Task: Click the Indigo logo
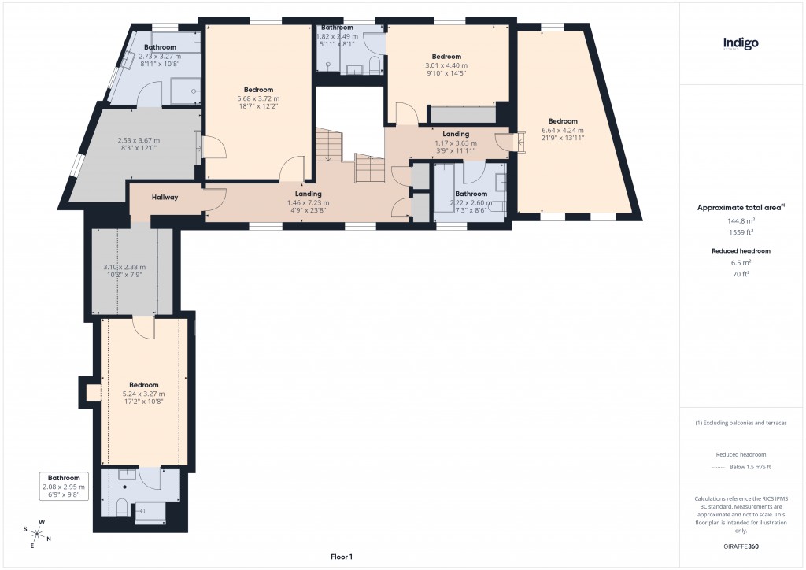(x=741, y=43)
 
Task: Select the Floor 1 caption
(x=342, y=556)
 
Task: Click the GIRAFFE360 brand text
(x=741, y=546)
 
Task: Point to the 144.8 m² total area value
(x=741, y=221)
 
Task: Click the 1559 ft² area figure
(x=741, y=233)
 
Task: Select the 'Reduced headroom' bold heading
(x=741, y=250)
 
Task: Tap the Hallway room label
(x=165, y=197)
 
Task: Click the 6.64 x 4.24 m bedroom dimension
(x=563, y=130)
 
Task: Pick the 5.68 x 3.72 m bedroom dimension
(x=258, y=98)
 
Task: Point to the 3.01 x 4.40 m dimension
(x=446, y=65)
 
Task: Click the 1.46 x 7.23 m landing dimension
(x=308, y=202)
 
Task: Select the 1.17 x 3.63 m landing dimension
(x=456, y=143)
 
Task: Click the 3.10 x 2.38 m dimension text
(x=124, y=267)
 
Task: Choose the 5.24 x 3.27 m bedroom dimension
(x=144, y=394)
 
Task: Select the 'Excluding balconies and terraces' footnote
(x=741, y=423)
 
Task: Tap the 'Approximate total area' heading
(x=738, y=208)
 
